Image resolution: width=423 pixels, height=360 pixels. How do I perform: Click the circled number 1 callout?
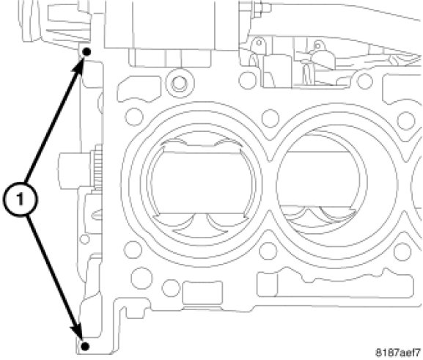click(x=21, y=199)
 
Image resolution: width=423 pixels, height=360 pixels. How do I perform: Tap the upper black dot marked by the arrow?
click(x=87, y=51)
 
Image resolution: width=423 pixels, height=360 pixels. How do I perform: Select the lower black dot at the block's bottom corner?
click(x=85, y=346)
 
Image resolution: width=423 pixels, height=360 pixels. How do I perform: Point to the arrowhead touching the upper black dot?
click(x=78, y=65)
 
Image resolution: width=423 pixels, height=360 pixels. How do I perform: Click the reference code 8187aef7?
click(x=398, y=353)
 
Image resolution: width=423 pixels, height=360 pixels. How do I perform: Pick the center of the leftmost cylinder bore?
click(x=202, y=183)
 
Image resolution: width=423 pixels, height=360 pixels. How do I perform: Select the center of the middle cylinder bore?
click(x=322, y=183)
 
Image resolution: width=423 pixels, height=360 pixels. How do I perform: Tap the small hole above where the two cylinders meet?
click(x=271, y=119)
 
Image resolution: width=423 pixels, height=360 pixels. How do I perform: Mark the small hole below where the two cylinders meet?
click(x=268, y=251)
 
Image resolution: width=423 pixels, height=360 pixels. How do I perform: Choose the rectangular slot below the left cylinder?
click(x=202, y=293)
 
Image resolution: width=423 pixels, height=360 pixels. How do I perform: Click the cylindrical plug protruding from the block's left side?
click(x=75, y=171)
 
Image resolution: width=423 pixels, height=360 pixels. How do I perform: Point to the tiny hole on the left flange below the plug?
click(x=85, y=239)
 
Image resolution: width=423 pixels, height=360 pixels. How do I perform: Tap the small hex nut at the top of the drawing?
click(x=258, y=7)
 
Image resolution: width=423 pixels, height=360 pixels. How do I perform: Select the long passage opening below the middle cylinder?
click(x=334, y=284)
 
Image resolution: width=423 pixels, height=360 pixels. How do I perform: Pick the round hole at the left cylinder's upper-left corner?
click(x=134, y=117)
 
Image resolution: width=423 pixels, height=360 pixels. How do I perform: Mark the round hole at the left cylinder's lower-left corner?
click(x=133, y=250)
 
